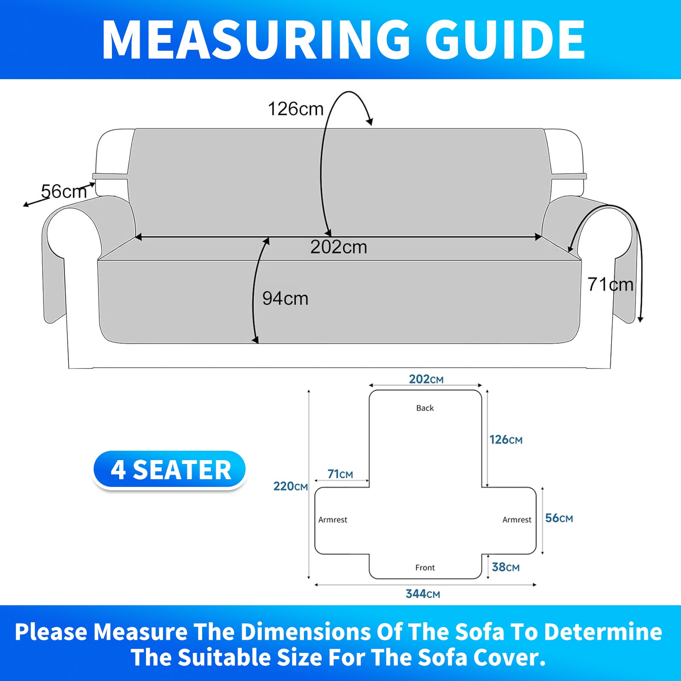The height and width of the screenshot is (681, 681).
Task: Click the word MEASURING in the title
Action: point(256,40)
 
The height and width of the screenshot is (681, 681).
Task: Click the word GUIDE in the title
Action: point(505,40)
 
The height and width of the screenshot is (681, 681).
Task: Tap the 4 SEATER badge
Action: point(170,470)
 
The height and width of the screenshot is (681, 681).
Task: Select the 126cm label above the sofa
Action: point(296,109)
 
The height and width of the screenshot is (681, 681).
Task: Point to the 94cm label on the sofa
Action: point(285,298)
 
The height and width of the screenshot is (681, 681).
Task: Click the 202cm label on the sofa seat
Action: point(338,247)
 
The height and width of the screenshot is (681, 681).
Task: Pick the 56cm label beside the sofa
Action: point(64,192)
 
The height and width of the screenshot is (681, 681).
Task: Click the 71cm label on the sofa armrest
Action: point(610,284)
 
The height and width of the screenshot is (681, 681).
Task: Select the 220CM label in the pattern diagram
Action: point(290,486)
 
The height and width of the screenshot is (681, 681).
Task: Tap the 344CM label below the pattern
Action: point(423,594)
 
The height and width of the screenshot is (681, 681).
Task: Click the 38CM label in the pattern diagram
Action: point(506,567)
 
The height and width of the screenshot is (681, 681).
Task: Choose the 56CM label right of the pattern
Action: point(559,518)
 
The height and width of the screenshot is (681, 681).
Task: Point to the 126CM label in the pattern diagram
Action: point(506,440)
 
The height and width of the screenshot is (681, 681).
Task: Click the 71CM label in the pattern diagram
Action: point(340,474)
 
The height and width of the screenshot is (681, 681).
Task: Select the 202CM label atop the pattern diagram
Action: point(426,379)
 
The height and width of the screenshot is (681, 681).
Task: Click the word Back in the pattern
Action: point(425,408)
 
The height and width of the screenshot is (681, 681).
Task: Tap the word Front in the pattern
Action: point(425,567)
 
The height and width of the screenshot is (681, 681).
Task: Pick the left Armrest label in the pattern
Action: point(333,520)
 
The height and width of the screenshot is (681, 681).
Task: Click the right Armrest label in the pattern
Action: point(517,520)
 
